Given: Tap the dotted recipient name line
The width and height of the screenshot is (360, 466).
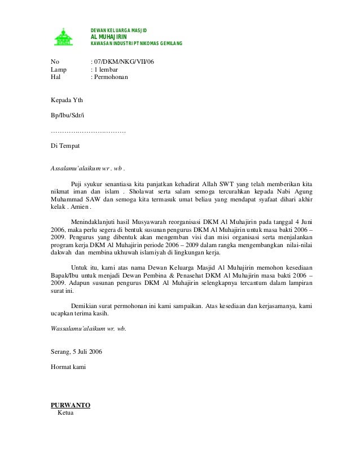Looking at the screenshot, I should coord(88,131).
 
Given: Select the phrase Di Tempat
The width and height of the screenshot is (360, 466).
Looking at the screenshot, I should coord(65,146).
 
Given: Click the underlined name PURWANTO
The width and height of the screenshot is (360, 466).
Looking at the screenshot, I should coord(71,405).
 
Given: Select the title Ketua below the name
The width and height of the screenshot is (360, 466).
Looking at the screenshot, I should coord(66,412).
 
